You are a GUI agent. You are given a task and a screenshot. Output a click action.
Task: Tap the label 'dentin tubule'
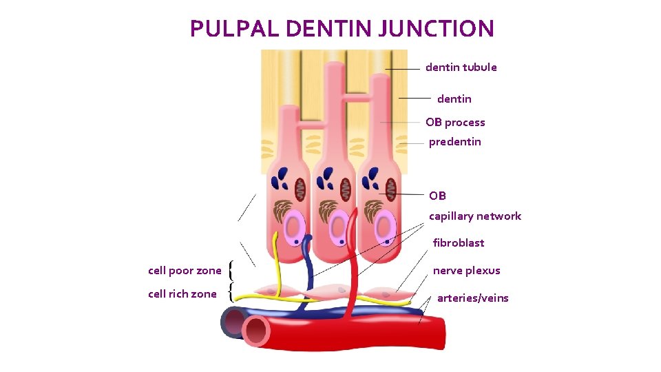461,68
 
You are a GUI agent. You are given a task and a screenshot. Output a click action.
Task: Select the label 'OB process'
454,123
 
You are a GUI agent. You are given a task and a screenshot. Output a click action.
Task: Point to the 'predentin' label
454,142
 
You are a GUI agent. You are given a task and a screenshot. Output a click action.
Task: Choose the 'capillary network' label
474,216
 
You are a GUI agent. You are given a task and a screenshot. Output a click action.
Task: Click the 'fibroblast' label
458,242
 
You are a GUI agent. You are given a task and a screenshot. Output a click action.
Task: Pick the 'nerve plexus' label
466,271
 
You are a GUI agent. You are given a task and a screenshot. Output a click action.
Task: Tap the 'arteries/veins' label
472,298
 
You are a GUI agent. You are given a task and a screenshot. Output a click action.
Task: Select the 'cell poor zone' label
185,271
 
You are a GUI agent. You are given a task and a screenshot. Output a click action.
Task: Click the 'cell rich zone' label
182,294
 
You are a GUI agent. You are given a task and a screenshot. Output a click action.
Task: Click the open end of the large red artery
257,330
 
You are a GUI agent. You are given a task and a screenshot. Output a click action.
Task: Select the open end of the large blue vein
233,321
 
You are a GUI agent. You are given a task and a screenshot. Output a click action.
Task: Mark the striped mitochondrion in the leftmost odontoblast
300,187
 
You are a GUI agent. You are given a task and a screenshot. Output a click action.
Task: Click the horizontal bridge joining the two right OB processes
357,99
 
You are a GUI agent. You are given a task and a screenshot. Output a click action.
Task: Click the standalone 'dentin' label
454,99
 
